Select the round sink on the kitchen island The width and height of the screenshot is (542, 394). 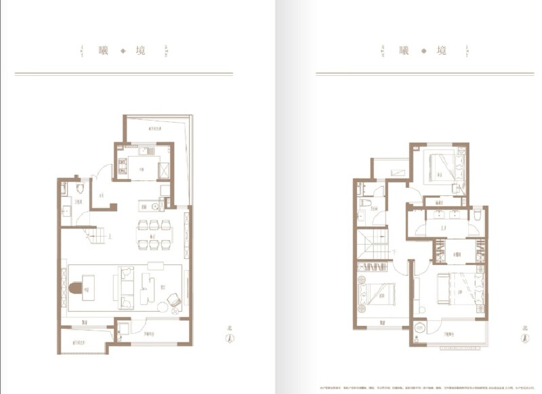pyautogui.click(x=154, y=206)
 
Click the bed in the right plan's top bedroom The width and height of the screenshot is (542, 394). pyautogui.click(x=442, y=165)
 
